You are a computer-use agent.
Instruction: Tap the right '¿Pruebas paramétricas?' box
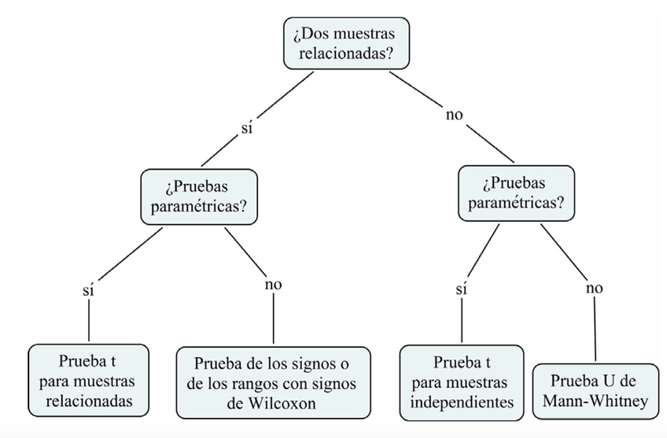pos(516,193)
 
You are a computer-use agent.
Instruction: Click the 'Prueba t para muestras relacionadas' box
pos(87,381)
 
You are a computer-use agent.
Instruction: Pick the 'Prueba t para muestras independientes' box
pos(461,381)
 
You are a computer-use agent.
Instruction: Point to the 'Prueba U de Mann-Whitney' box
pos(595,392)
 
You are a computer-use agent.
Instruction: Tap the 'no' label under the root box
pos(455,115)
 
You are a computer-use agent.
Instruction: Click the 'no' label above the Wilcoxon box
pos(273,284)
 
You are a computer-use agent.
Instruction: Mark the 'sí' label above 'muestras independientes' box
pos(462,289)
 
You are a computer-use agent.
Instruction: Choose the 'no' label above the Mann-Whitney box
pos(594,288)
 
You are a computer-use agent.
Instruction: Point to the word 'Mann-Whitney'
pos(595,402)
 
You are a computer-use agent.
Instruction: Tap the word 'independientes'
pos(461,403)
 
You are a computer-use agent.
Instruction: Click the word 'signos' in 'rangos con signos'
pos(326,384)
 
